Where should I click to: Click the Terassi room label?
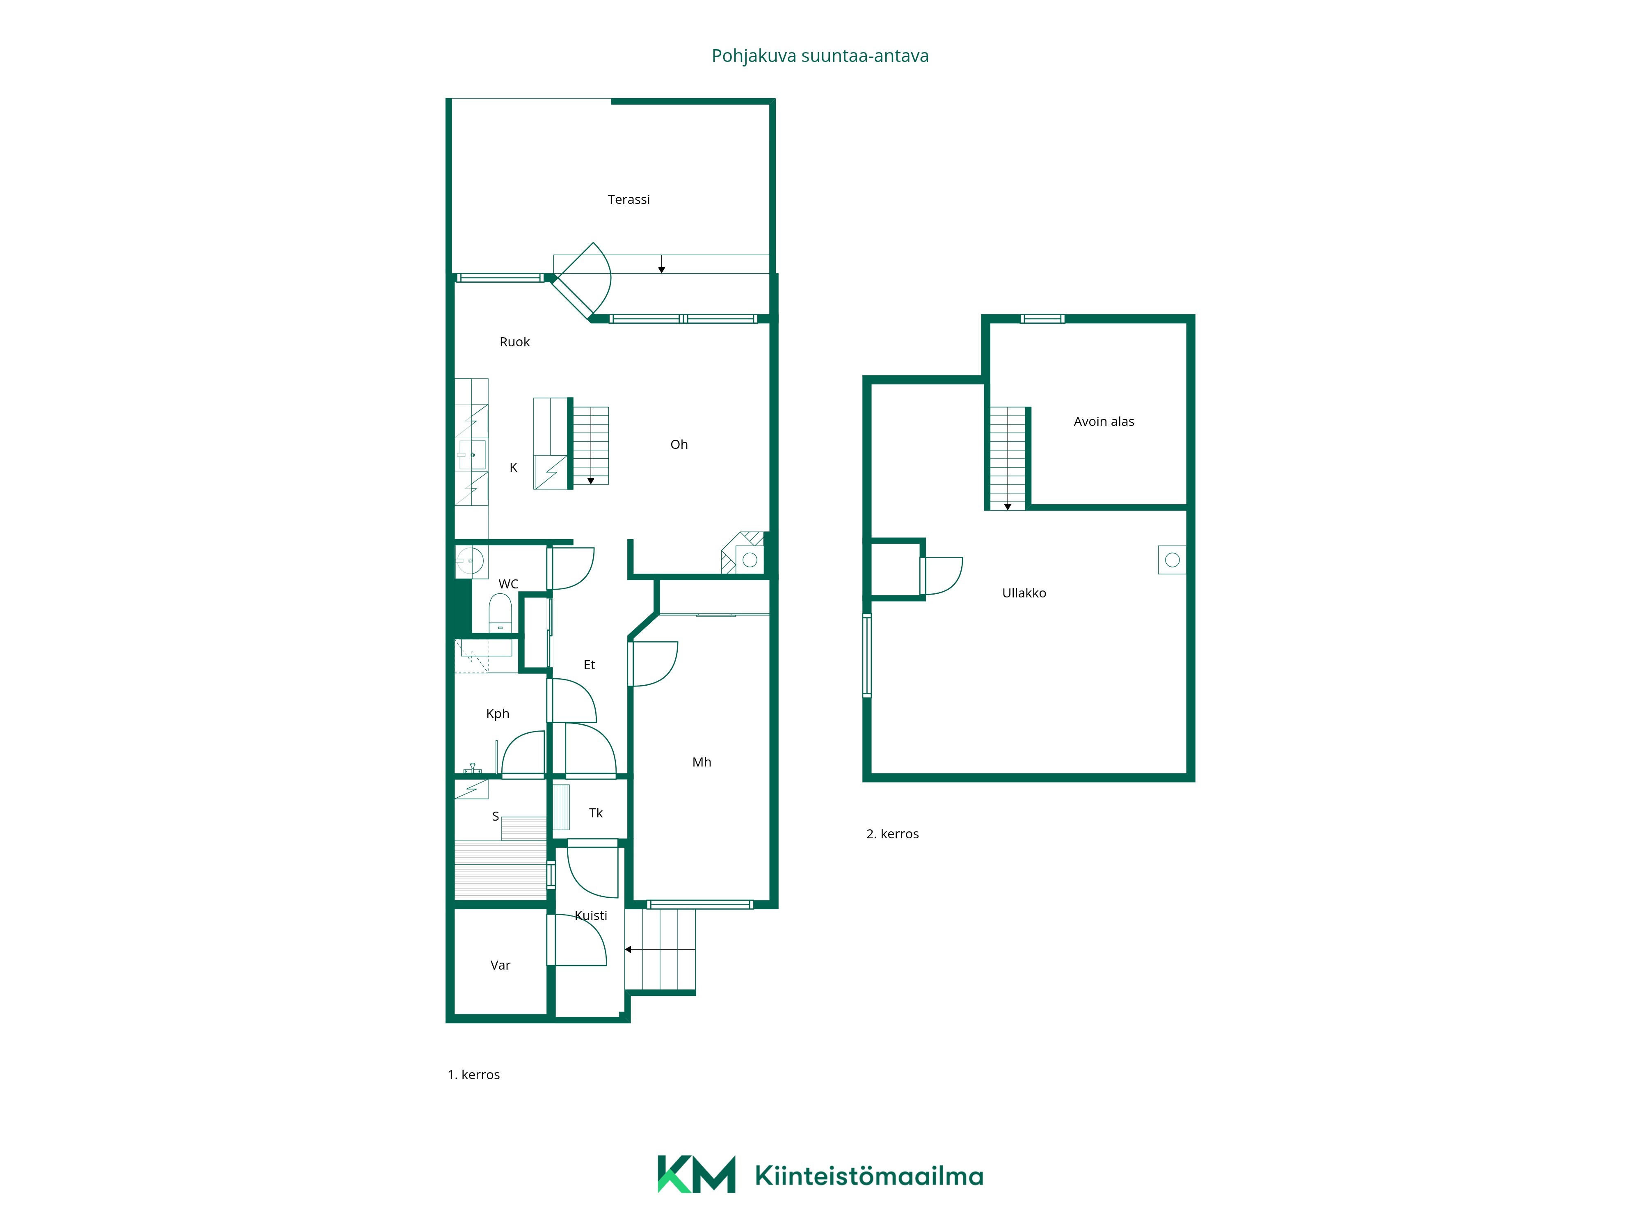pyautogui.click(x=629, y=199)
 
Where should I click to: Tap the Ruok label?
pyautogui.click(x=515, y=342)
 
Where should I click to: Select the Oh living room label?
pyautogui.click(x=679, y=444)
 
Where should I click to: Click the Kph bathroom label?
pyautogui.click(x=498, y=714)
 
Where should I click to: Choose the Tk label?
pyautogui.click(x=596, y=813)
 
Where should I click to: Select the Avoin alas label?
pyautogui.click(x=1104, y=421)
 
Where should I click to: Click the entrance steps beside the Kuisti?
pyautogui.click(x=660, y=950)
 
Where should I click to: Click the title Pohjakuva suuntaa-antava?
pyautogui.click(x=820, y=56)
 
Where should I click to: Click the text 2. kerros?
pyautogui.click(x=892, y=834)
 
